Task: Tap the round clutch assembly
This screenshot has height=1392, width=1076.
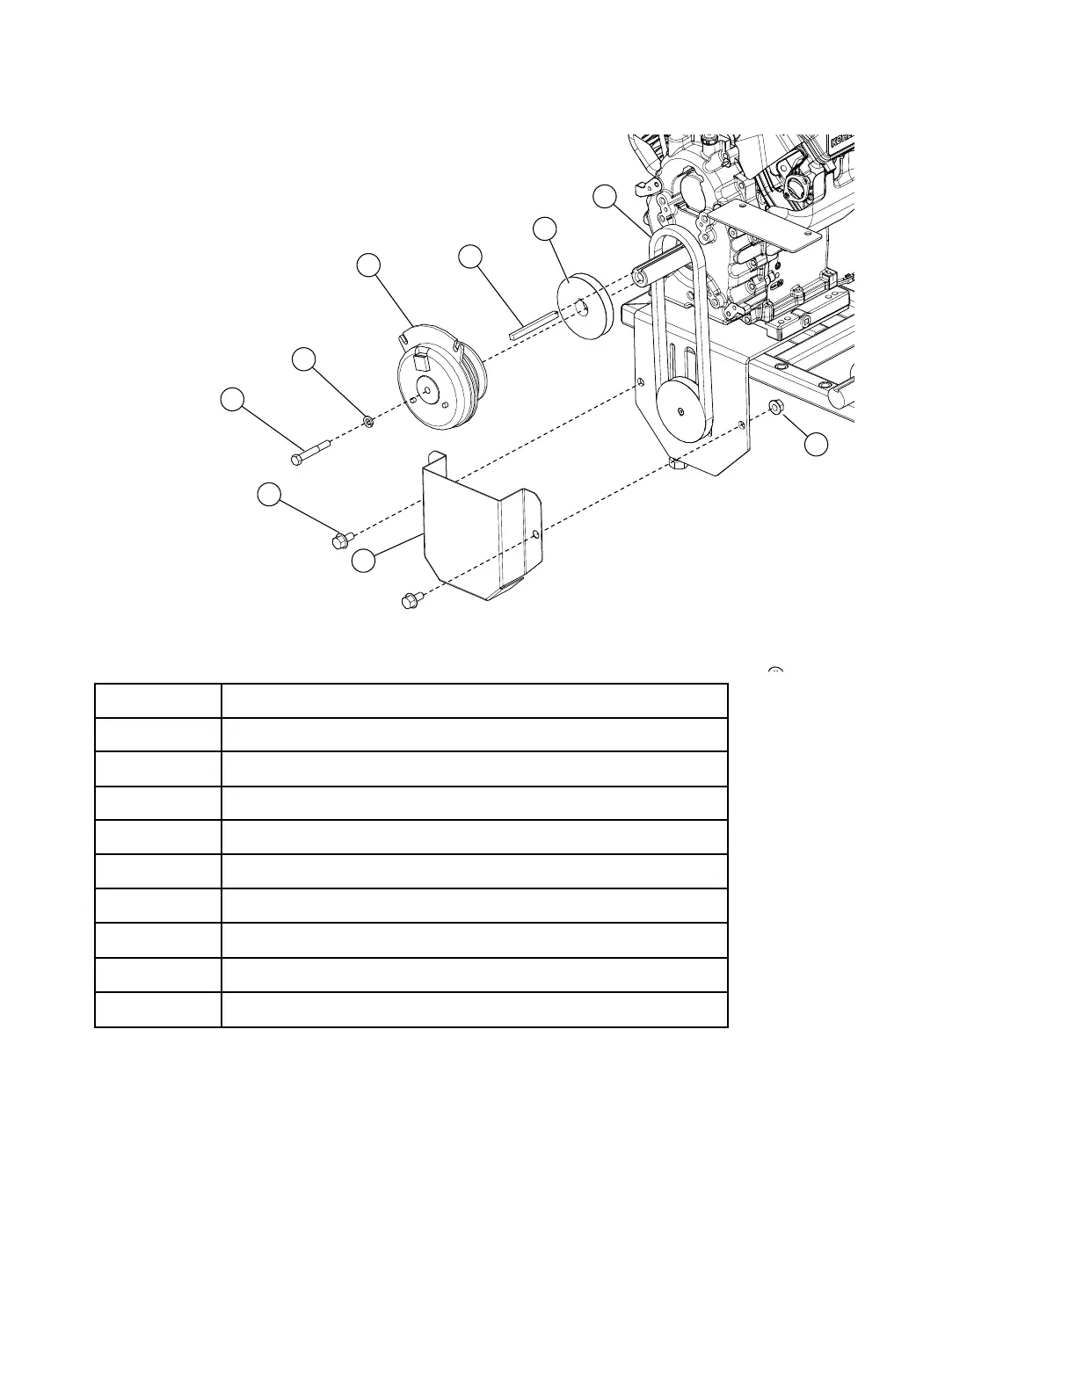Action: pyautogui.click(x=437, y=380)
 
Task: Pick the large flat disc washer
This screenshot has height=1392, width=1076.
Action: pyautogui.click(x=584, y=306)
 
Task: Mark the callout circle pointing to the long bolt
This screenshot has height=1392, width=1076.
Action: pyautogui.click(x=232, y=399)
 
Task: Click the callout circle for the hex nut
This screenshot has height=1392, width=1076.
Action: pyautogui.click(x=817, y=445)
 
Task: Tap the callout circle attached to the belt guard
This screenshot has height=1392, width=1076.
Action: pyautogui.click(x=363, y=560)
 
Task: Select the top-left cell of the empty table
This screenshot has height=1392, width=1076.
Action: pyautogui.click(x=157, y=700)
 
